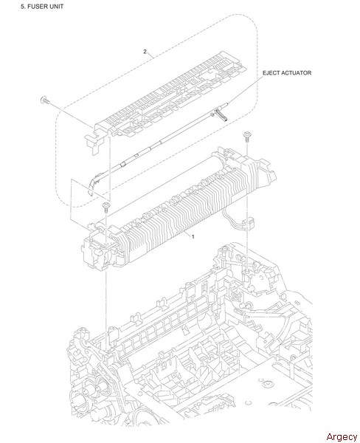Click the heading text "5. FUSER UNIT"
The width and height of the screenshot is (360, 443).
click(x=42, y=6)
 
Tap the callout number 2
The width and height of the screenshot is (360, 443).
click(x=145, y=52)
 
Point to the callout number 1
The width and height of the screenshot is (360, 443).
click(x=193, y=236)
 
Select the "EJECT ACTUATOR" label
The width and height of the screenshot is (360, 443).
click(x=287, y=73)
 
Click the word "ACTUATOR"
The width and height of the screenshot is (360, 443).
click(x=296, y=73)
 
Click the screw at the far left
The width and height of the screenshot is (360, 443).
click(x=44, y=100)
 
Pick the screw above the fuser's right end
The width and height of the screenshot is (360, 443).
click(x=247, y=137)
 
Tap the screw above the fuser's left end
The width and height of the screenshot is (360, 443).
click(x=106, y=207)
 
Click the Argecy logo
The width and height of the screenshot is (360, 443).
click(x=342, y=436)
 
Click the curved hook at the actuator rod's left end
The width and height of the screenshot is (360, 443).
click(x=93, y=185)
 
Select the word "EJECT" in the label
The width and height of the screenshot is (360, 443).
click(x=271, y=73)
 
